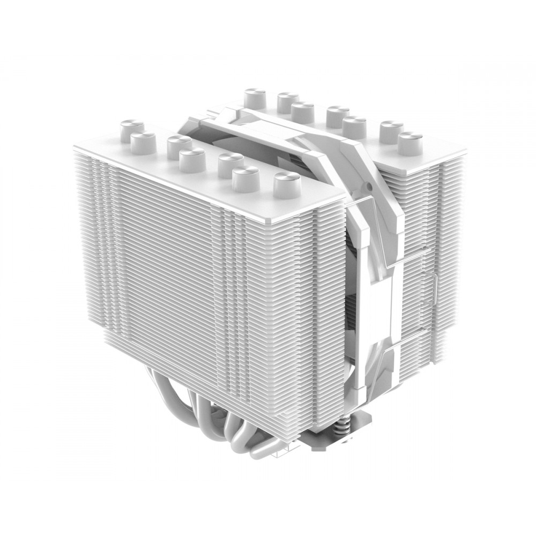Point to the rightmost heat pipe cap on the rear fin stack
(x=410, y=142)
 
